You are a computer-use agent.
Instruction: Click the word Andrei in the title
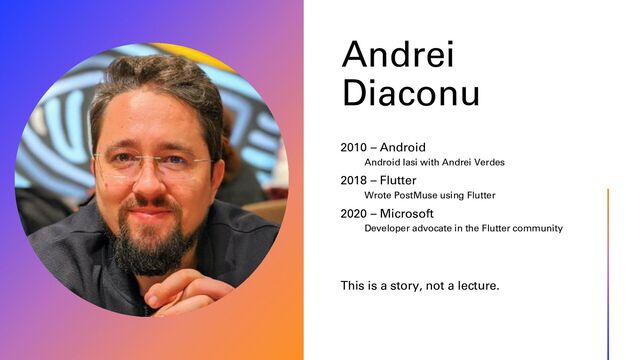pyautogui.click(x=397, y=55)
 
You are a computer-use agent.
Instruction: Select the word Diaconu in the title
pyautogui.click(x=410, y=93)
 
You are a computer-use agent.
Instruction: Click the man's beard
pyautogui.click(x=155, y=245)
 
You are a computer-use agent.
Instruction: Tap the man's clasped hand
pyautogui.click(x=190, y=290)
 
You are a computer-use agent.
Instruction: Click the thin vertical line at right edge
pyautogui.click(x=608, y=270)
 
